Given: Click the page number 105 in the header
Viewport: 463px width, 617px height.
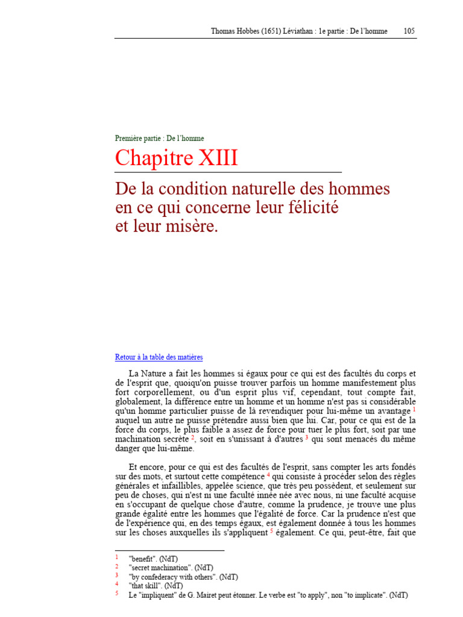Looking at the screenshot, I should coord(409,31).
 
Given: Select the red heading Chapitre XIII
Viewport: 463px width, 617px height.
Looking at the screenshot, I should coord(176,158).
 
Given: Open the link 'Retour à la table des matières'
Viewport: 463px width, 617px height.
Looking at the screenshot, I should coord(159,357).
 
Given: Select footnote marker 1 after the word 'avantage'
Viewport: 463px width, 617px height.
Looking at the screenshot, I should coord(414,409).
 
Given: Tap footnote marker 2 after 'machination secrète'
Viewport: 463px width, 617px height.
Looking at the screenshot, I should coord(192,437).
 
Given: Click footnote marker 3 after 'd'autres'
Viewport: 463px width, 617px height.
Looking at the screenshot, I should coord(306,437).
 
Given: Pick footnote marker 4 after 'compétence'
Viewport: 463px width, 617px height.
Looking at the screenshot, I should coord(268,474).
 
